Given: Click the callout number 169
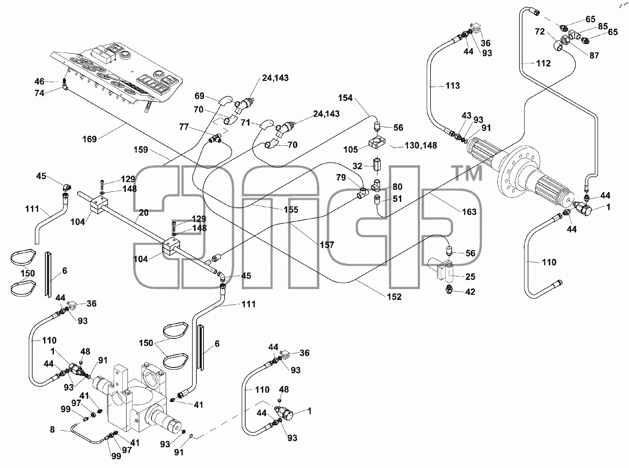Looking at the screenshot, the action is pos(89,139).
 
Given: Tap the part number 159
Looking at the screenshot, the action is pos(141,149).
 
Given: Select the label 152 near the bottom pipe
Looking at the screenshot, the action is pos(394,297).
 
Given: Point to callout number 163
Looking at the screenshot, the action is pos(469,212).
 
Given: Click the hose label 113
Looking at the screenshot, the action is pos(452,85).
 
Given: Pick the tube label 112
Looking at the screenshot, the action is pos(543,63).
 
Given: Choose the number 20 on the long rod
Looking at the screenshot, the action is pos(144,213).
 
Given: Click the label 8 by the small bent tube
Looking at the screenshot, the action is pos(52,429).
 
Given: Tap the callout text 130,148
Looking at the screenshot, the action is pos(421,145).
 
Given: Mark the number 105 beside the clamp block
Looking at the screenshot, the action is pos(350,149).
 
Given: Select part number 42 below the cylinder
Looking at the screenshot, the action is pos(470,292).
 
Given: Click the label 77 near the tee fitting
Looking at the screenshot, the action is pos(184,127).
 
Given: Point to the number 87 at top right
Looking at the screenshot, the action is pos(594,55).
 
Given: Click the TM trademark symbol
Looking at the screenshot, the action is pos(469,173).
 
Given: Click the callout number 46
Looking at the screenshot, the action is pos(39,82).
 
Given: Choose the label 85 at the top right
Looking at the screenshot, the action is pos(603,26).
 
